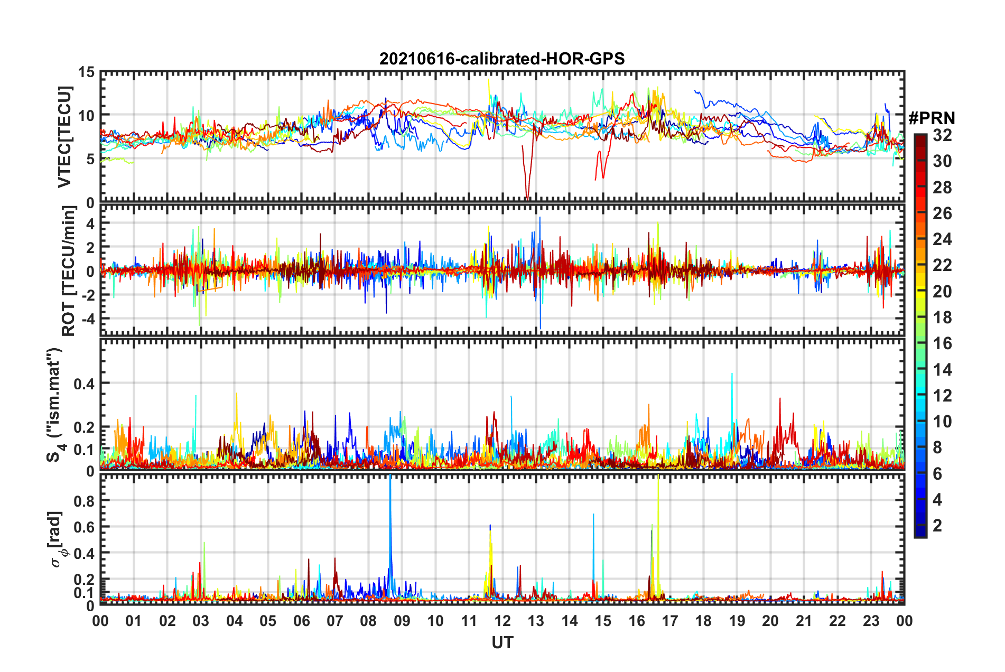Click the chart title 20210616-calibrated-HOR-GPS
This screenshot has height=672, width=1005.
[502, 59]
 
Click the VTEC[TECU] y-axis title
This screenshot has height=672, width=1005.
[64, 137]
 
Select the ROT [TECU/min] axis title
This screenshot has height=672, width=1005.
[69, 271]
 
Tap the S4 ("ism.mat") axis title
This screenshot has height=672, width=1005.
[55, 405]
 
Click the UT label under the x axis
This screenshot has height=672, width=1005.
[502, 642]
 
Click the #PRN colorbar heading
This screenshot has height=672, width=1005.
[932, 118]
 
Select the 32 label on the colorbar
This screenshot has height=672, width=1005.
[942, 135]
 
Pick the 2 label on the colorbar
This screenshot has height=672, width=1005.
[937, 526]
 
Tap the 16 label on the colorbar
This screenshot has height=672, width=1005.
[942, 343]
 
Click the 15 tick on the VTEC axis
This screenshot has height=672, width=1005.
[87, 72]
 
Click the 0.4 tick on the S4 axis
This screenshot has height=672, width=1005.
[83, 384]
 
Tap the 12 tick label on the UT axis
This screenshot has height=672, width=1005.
[503, 621]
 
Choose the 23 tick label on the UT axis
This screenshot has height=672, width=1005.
[871, 621]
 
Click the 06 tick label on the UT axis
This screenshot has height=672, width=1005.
[301, 621]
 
